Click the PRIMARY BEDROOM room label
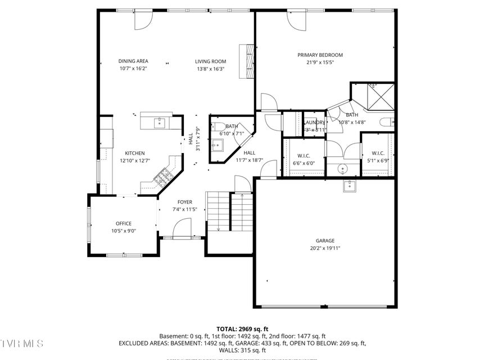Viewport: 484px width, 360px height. point(320,55)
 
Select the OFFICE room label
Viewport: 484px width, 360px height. point(124,223)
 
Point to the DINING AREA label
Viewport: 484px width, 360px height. point(133,61)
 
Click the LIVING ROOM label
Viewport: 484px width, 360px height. point(210,61)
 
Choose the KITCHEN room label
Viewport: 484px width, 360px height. point(135,153)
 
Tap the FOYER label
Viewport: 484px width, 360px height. point(185,202)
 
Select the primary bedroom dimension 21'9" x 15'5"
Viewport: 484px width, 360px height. point(320,63)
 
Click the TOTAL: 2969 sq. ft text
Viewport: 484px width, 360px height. point(242,328)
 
